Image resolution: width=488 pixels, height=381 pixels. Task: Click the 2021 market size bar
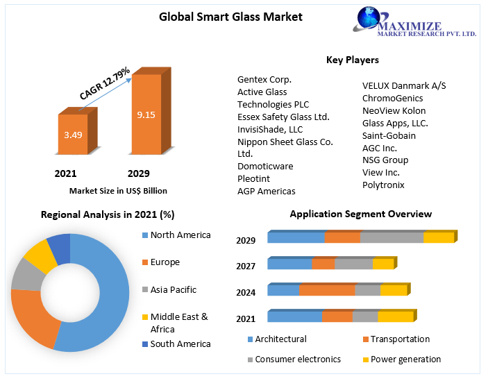[x=72, y=134]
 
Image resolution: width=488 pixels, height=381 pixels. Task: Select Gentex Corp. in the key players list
[x=264, y=79]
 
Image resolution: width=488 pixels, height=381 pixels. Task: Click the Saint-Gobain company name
[x=389, y=135]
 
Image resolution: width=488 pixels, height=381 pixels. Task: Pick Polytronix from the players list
[x=383, y=185]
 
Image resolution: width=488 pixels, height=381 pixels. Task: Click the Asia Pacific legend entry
[x=173, y=289]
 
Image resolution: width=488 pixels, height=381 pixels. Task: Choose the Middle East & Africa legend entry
[x=178, y=323]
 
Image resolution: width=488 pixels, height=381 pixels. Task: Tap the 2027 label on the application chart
[x=246, y=266]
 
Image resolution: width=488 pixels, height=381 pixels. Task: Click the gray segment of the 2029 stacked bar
[x=392, y=237]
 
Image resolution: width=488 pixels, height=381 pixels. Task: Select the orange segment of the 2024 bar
[x=327, y=290]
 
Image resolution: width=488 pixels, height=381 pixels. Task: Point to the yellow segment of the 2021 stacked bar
[x=395, y=316]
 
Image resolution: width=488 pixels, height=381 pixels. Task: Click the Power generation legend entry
[x=405, y=359]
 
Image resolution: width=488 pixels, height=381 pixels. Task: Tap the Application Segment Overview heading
[x=360, y=214]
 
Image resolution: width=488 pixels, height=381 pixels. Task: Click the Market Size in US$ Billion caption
[x=118, y=190]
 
